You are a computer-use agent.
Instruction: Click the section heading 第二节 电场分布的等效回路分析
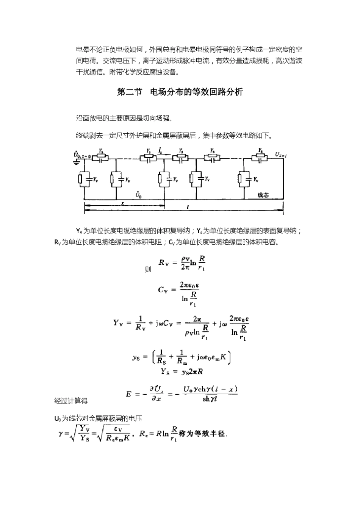pyautogui.click(x=180, y=92)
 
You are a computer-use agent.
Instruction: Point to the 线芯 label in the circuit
pyautogui.click(x=263, y=195)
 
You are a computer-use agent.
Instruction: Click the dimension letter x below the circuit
pyautogui.click(x=122, y=203)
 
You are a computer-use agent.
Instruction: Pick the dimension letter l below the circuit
pyautogui.click(x=188, y=207)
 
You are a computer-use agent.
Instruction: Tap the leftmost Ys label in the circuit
pyautogui.click(x=100, y=151)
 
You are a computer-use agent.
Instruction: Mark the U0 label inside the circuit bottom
pyautogui.click(x=139, y=195)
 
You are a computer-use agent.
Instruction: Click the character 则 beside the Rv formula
pyautogui.click(x=148, y=270)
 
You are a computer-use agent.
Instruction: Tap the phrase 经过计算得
pyautogui.click(x=71, y=401)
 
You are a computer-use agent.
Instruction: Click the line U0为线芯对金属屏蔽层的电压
pyautogui.click(x=98, y=418)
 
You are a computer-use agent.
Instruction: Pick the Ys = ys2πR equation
pyautogui.click(x=182, y=371)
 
